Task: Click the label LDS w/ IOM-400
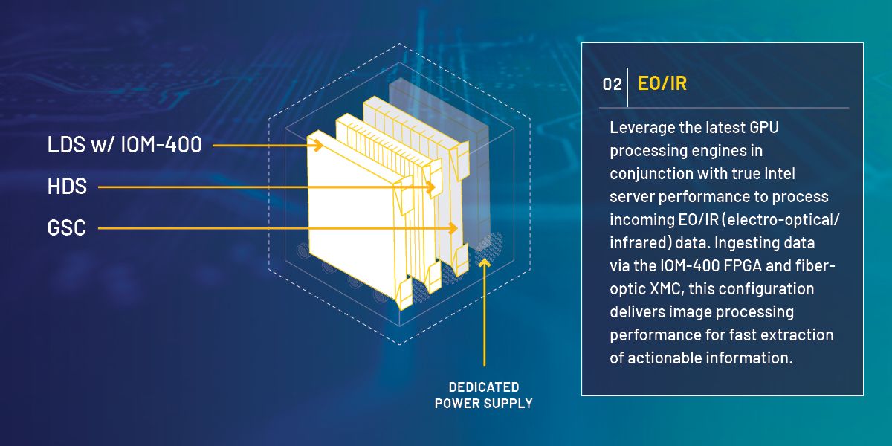tap(125, 144)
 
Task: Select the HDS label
tap(67, 187)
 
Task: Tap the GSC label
tap(66, 227)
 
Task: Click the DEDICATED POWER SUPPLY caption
tap(483, 395)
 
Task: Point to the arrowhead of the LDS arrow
tap(318, 146)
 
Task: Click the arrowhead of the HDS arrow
tap(430, 187)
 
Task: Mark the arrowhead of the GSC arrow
tap(452, 228)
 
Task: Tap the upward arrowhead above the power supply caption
tap(484, 264)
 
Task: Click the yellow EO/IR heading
tap(662, 83)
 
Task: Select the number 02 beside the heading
tap(612, 85)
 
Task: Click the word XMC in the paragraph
tap(667, 288)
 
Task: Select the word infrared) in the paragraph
tap(640, 243)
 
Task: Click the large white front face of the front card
tap(350, 215)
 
